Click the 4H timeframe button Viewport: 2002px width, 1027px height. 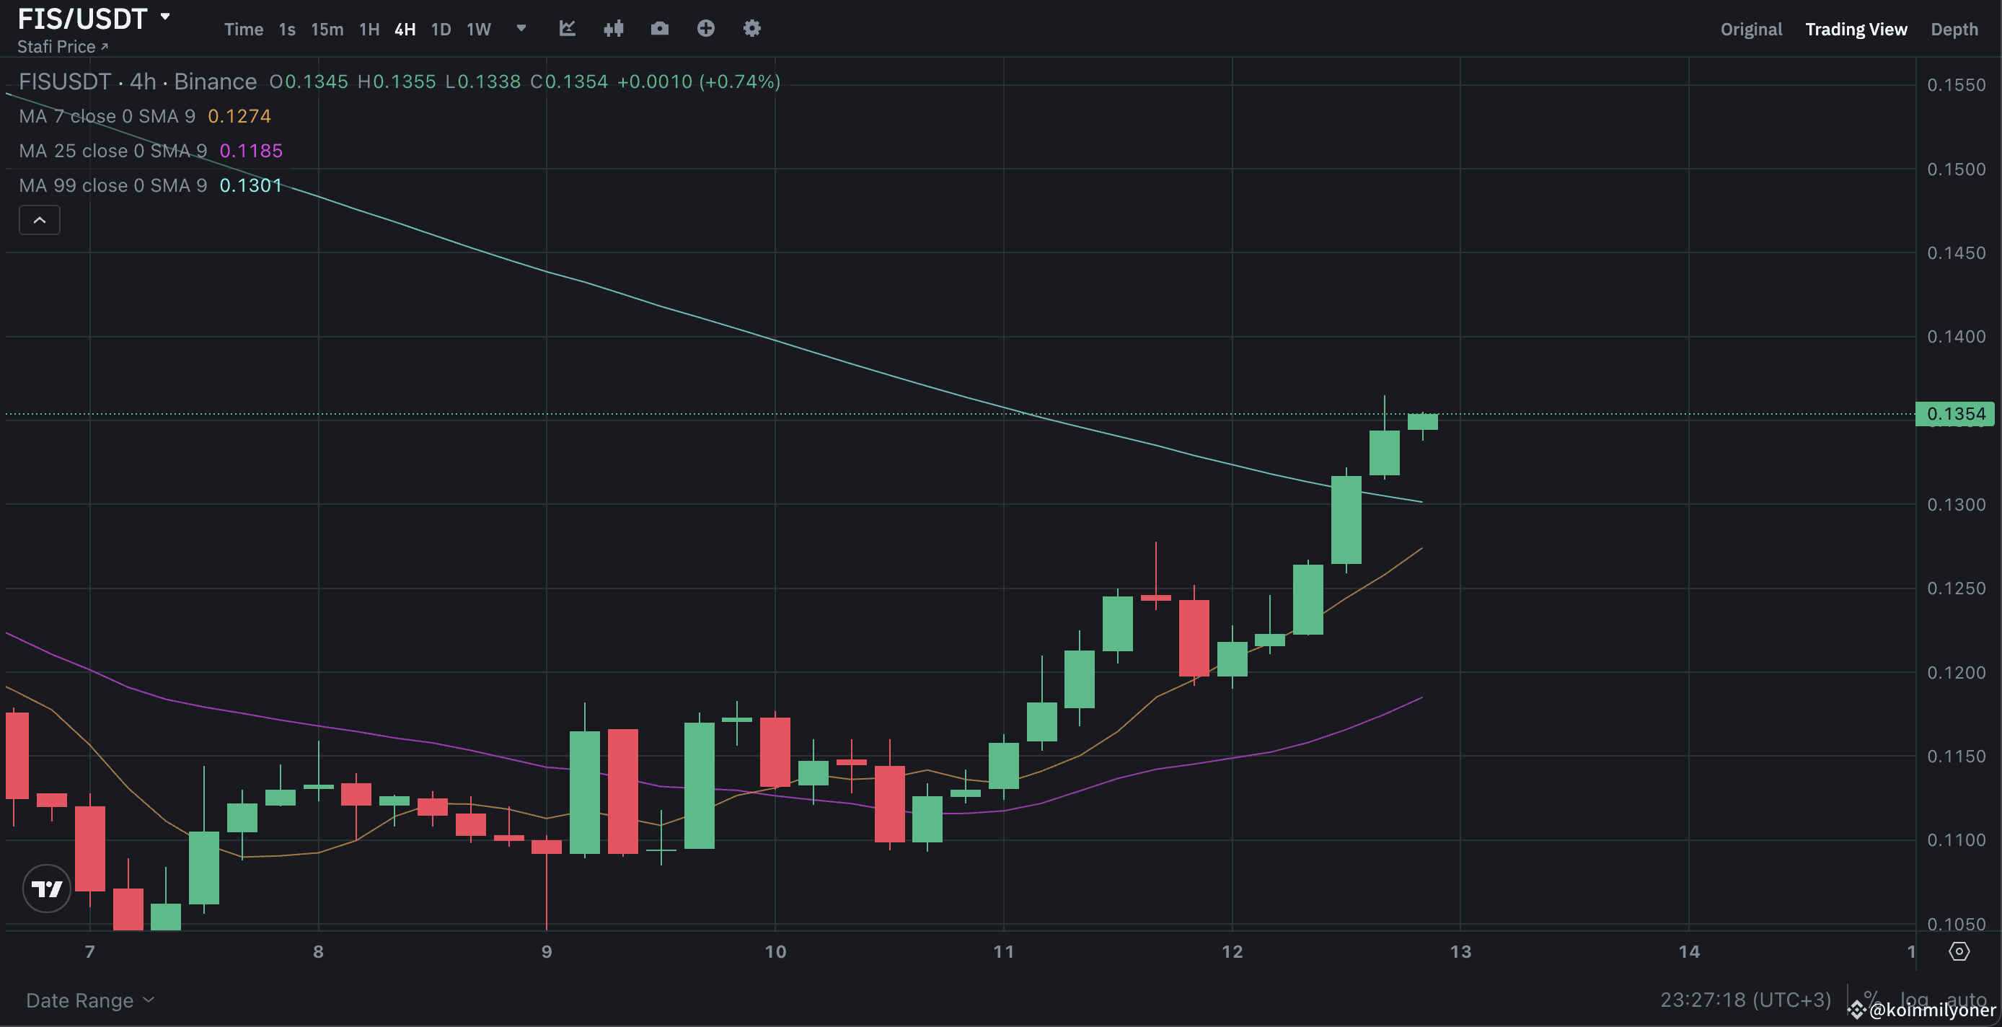[x=405, y=30]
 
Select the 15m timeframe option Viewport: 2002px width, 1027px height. [x=327, y=30]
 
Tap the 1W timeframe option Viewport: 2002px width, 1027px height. [x=479, y=30]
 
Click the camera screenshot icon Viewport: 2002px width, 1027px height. [x=659, y=29]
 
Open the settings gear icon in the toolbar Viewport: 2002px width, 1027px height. [x=751, y=29]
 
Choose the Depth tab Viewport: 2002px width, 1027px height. [x=1954, y=30]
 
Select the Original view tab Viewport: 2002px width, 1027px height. [x=1750, y=30]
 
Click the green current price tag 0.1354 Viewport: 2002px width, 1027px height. [x=1955, y=413]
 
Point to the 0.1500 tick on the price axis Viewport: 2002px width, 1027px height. [x=1955, y=169]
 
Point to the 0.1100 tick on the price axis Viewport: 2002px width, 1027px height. [x=1955, y=839]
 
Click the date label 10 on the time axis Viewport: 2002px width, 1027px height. [x=775, y=951]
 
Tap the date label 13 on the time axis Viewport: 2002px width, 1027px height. [x=1460, y=951]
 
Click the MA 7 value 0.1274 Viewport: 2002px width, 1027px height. [x=239, y=117]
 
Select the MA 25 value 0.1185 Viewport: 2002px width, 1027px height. [x=251, y=151]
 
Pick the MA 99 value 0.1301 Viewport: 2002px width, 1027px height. [x=250, y=186]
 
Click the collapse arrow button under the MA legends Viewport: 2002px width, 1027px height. [x=40, y=220]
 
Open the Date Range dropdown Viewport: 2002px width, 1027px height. [x=89, y=1000]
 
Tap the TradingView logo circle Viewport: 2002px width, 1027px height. [x=47, y=889]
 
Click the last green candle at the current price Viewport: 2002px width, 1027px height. [x=1422, y=421]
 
